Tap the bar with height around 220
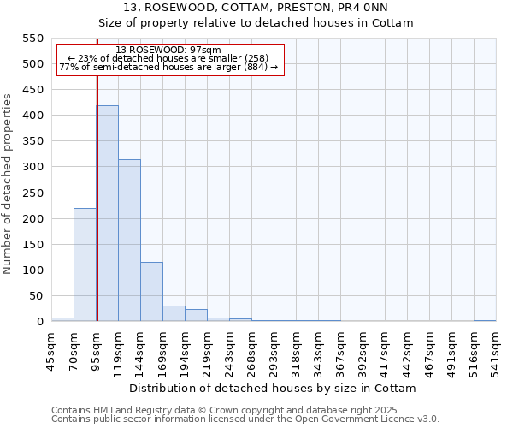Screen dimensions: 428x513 point(85,265)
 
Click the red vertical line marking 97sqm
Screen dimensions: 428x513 point(97,197)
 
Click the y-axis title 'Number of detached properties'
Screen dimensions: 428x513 point(8,184)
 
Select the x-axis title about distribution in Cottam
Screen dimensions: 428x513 point(274,388)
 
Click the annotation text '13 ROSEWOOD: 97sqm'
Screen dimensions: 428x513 point(168,50)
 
